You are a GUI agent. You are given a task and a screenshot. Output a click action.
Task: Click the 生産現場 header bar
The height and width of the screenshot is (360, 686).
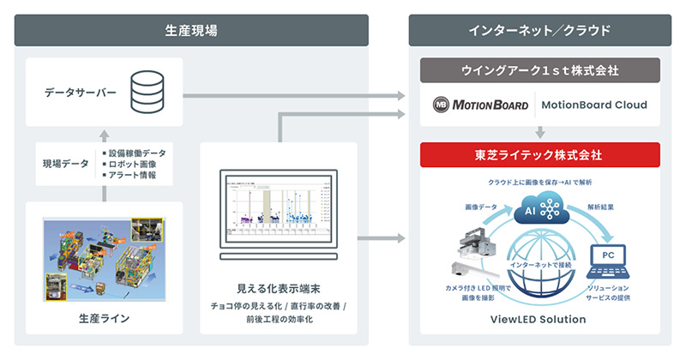click(190, 30)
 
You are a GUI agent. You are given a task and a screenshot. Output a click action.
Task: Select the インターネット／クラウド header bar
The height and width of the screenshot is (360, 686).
click(539, 30)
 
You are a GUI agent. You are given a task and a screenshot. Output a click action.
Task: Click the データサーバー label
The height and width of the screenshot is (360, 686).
click(80, 92)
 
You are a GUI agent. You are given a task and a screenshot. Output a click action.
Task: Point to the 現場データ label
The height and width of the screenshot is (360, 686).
click(66, 163)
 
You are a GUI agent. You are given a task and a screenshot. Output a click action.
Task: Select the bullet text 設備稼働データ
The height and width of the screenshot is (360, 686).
click(137, 153)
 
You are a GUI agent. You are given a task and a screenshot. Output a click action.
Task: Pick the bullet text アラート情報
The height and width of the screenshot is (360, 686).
click(134, 175)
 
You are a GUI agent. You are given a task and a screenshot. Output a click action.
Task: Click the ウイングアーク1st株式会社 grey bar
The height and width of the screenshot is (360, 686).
click(539, 69)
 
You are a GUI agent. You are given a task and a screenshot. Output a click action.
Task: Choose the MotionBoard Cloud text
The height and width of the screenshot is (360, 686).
click(593, 106)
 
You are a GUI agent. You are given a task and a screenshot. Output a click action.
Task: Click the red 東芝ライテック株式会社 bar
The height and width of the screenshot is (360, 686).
click(539, 155)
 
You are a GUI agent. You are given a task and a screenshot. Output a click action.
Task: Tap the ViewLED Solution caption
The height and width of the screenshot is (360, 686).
click(539, 320)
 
